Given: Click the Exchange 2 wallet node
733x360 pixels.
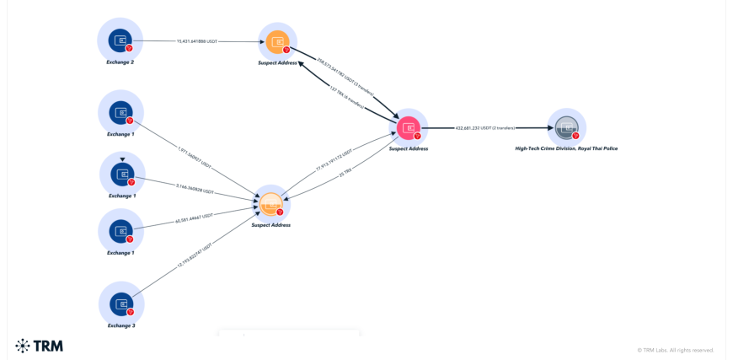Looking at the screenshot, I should click(x=120, y=40).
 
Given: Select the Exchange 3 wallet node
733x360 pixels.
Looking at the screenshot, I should click(x=121, y=304).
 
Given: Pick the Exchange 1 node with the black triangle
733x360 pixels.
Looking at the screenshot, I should click(x=122, y=174).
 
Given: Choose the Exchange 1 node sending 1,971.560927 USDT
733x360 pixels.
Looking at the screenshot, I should click(x=120, y=112).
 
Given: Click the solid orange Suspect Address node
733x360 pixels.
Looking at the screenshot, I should click(x=277, y=41).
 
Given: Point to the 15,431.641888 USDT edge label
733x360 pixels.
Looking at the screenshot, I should click(x=197, y=40).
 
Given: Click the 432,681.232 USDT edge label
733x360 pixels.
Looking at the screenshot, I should click(x=484, y=128).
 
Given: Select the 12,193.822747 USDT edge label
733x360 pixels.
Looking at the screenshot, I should click(x=195, y=255).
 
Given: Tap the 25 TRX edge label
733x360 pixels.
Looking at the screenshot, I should click(x=345, y=174).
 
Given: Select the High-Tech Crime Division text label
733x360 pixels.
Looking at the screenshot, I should click(x=566, y=148).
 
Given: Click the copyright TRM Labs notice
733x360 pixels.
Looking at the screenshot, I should click(x=676, y=350).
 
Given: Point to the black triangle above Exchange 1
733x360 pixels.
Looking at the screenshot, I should click(x=122, y=159).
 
